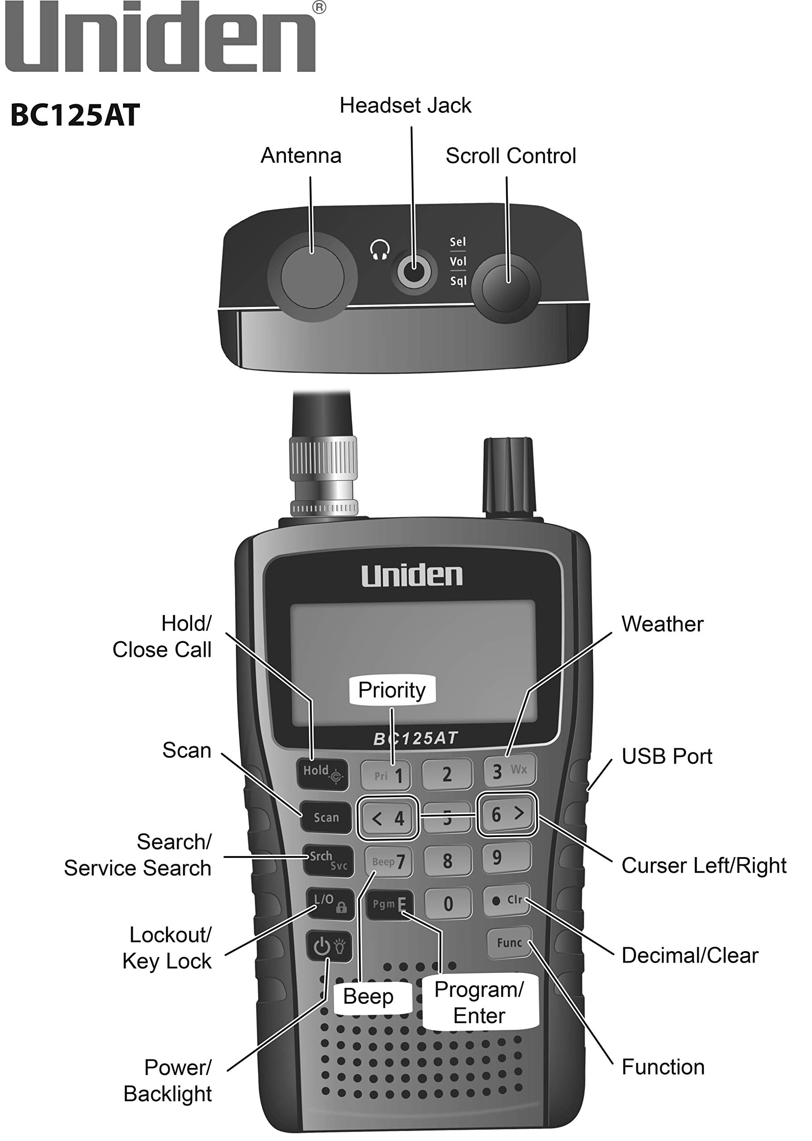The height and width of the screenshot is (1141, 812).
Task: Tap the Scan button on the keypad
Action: pos(326,817)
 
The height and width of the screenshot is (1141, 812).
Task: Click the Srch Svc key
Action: pos(328,860)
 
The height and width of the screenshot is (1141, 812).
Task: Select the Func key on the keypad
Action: pos(509,943)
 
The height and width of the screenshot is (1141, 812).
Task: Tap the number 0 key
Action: pos(448,903)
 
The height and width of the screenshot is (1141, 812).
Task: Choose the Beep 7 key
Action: pos(388,862)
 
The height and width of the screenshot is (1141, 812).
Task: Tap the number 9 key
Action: pos(507,858)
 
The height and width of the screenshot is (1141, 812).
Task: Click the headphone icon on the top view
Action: pos(380,250)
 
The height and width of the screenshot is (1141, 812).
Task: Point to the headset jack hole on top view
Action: pos(414,272)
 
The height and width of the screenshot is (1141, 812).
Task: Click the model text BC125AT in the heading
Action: pos(75,115)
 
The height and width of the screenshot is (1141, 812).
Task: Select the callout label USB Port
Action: pos(667,756)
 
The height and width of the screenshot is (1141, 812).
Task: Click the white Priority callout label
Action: pos(392,690)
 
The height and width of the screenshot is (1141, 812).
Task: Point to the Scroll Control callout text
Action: pos(511,156)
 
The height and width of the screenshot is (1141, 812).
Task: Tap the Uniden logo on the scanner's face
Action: pos(412,576)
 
